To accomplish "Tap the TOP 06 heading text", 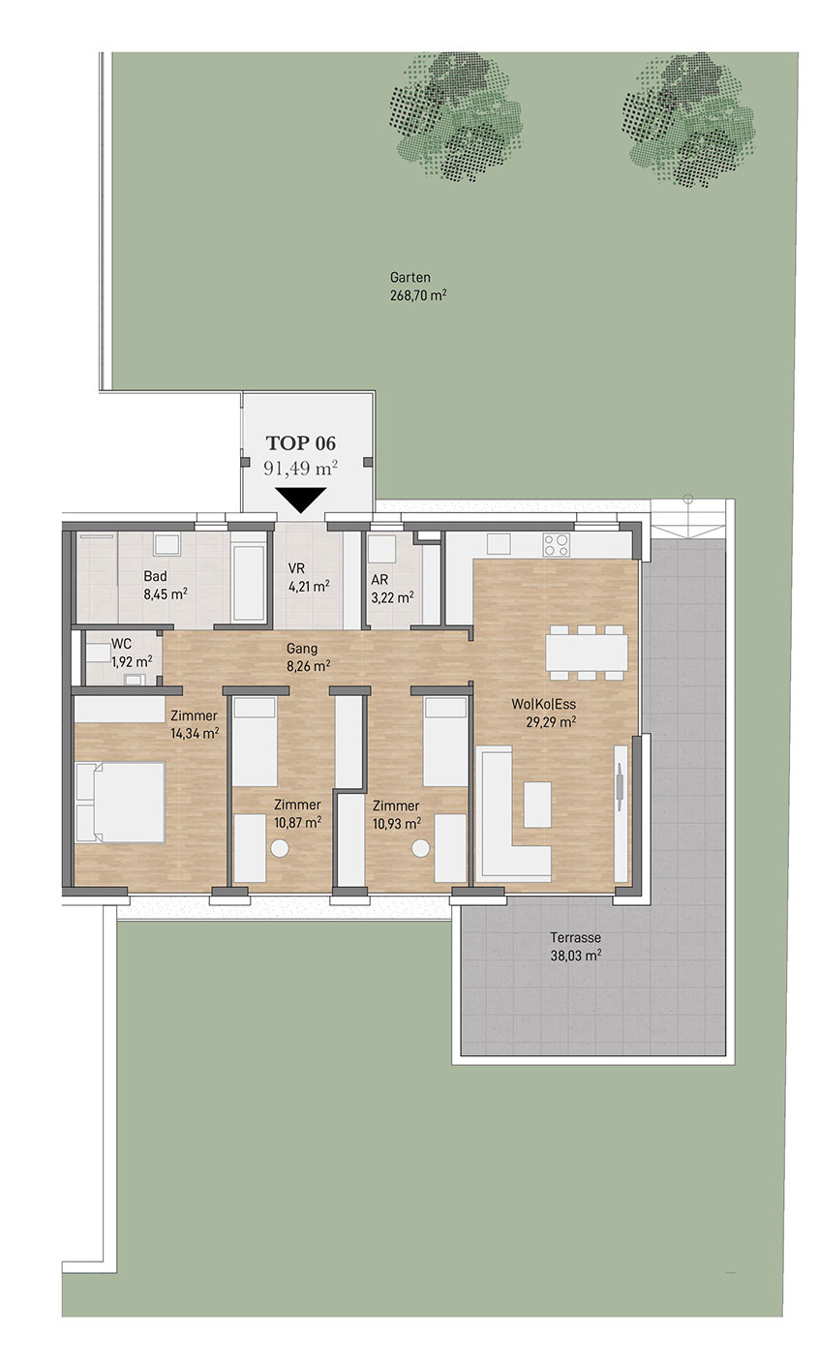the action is tap(300, 443).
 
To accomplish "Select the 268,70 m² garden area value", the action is tap(418, 295).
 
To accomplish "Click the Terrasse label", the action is tap(575, 937).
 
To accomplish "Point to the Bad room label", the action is tap(155, 576).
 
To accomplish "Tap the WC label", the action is tap(121, 644).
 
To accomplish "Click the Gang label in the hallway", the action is tap(302, 649).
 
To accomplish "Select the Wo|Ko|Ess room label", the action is tap(544, 704).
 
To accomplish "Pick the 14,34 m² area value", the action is tap(195, 733).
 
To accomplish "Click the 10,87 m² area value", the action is tap(297, 822).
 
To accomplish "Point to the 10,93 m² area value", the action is tap(397, 823).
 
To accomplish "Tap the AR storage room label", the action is tap(379, 579).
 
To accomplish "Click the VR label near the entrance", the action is tap(296, 568).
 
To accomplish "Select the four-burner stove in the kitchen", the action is tap(556, 545).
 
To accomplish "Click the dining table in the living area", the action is tap(587, 653).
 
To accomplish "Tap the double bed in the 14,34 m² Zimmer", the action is tap(120, 803).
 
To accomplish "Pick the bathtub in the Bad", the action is tap(249, 582).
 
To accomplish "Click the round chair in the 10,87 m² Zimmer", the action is tap(280, 848).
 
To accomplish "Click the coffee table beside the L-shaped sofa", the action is tap(537, 805).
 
